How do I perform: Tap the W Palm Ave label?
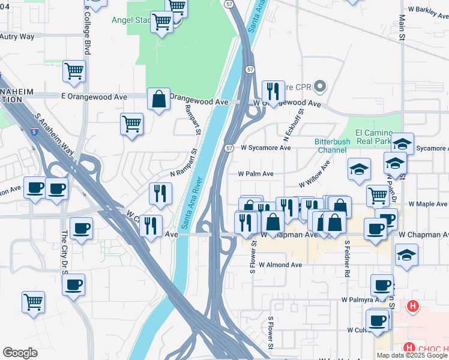(256, 174)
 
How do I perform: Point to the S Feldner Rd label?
(347, 258)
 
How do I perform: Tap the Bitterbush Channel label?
(332, 146)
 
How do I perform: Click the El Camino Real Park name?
(373, 137)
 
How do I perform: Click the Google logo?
(20, 353)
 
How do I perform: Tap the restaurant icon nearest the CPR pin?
(273, 92)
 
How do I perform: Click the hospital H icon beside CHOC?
(412, 307)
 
